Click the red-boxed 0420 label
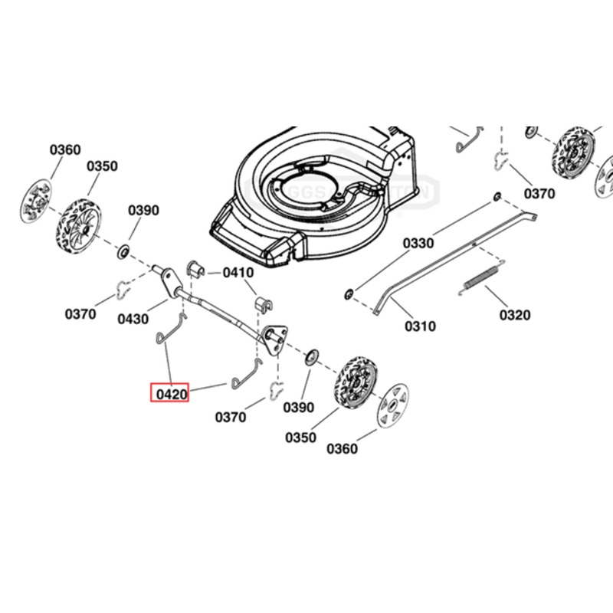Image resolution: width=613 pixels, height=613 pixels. click(169, 394)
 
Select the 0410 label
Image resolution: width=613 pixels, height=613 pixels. click(238, 273)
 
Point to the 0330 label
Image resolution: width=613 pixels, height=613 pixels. click(418, 244)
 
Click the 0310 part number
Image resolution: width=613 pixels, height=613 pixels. click(419, 326)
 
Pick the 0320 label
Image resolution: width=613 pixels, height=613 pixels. click(515, 315)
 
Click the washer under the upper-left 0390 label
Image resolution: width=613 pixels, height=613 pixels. click(123, 251)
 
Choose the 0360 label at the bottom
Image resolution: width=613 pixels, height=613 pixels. click(341, 449)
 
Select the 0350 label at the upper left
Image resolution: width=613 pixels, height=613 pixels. click(102, 166)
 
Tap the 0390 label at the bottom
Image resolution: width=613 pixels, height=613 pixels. click(300, 407)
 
